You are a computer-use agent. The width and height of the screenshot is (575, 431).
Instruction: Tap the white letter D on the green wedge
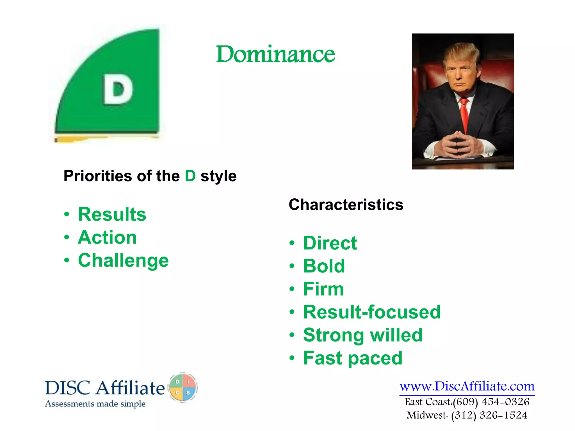point(118,90)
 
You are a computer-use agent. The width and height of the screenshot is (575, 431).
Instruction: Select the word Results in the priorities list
point(112,214)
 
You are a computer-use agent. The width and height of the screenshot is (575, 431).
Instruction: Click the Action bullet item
point(107,237)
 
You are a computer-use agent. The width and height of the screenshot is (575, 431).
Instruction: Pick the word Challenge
point(123,260)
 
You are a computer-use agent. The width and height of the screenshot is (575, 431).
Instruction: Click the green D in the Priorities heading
point(190,176)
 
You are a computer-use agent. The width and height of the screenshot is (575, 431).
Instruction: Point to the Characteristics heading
point(346,205)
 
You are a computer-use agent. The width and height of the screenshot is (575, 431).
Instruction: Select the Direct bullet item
point(330,243)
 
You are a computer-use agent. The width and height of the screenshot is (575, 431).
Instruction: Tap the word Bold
point(324,266)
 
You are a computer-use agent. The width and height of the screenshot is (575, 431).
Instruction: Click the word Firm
point(323,289)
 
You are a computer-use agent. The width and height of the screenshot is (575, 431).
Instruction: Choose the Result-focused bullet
point(372,312)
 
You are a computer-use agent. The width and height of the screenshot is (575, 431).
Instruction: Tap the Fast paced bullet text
point(353,358)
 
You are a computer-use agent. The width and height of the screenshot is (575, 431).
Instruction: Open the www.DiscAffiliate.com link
point(467,386)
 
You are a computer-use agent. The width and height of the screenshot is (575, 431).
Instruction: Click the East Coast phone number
point(491,402)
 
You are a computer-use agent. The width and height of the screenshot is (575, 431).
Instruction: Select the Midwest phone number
point(489,415)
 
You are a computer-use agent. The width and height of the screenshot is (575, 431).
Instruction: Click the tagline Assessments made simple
point(95,404)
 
